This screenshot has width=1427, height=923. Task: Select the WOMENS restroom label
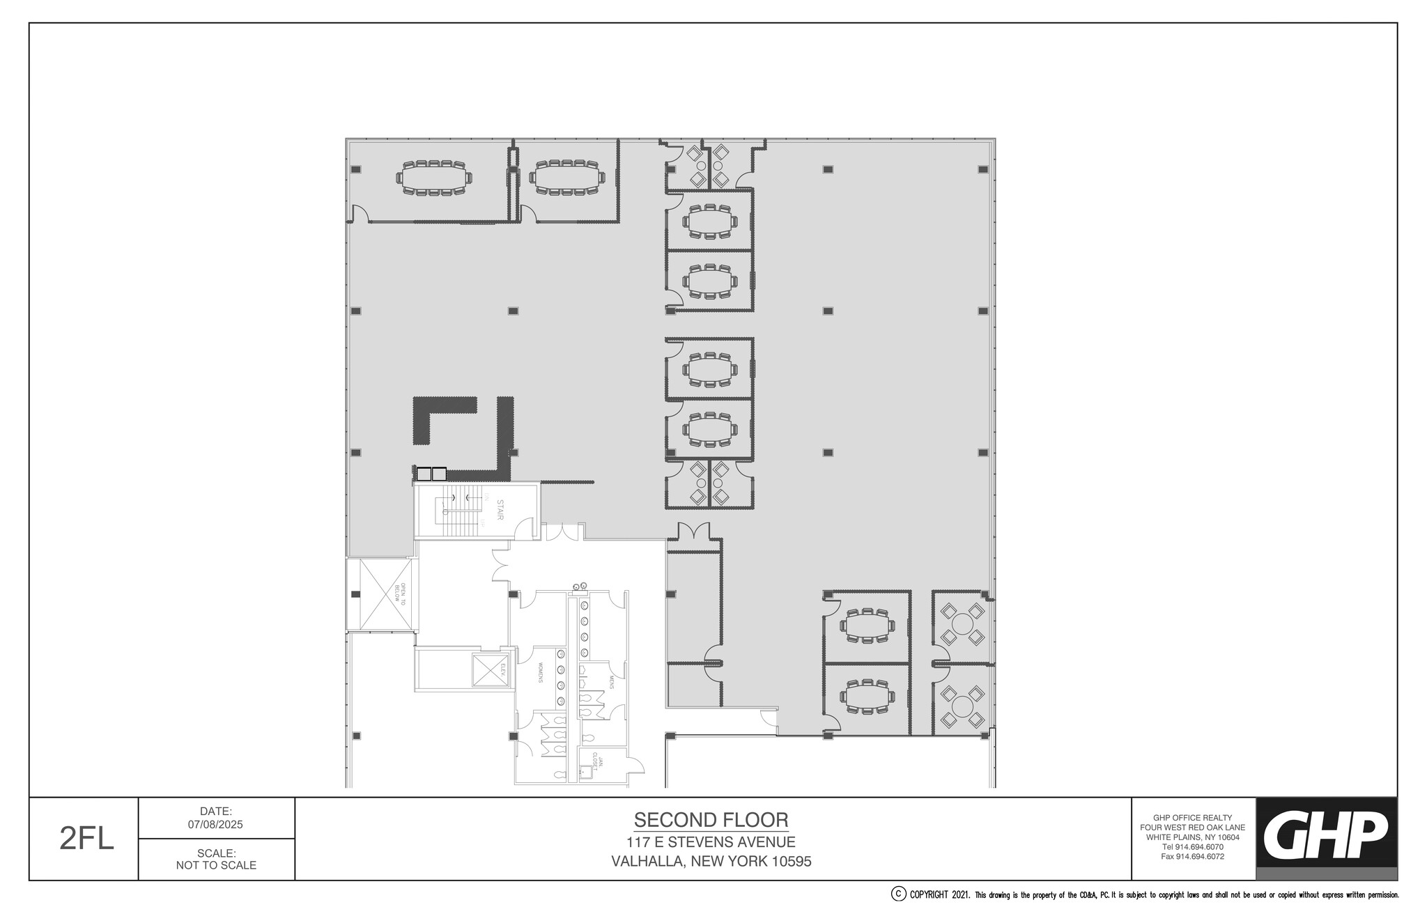pyautogui.click(x=539, y=672)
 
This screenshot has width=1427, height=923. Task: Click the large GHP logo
pyautogui.click(x=1326, y=835)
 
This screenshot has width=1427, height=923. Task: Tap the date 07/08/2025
pyautogui.click(x=216, y=824)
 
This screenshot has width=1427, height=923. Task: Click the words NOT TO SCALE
pyautogui.click(x=216, y=865)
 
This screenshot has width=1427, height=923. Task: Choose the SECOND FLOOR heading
pyautogui.click(x=711, y=820)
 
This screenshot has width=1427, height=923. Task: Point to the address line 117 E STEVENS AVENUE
pyautogui.click(x=711, y=842)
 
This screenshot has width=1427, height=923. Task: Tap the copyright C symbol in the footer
pyautogui.click(x=899, y=894)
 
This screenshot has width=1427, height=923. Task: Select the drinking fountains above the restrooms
pyautogui.click(x=579, y=587)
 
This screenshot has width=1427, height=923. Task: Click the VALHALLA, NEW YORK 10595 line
pyautogui.click(x=711, y=862)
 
